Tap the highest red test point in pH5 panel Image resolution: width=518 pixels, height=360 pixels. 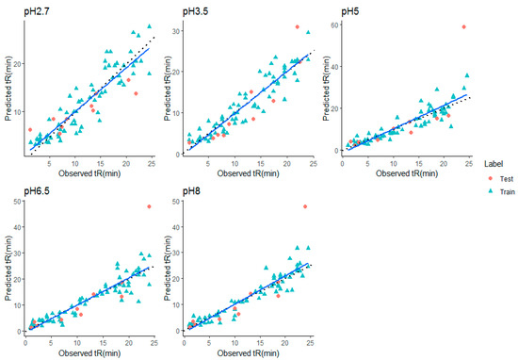(463, 27)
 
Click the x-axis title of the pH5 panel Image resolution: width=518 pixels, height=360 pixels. (406, 172)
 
